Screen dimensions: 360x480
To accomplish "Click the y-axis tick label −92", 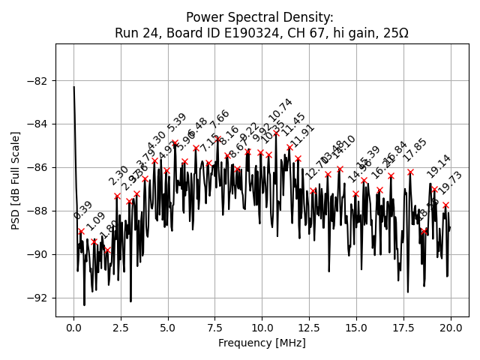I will click(x=38, y=298).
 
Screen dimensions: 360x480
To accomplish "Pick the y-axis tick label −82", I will click(x=38, y=81).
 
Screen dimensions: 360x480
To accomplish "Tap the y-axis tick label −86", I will click(x=38, y=167).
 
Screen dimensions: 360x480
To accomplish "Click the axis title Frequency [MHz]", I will click(x=262, y=343).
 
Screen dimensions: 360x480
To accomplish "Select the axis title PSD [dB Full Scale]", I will click(x=16, y=180).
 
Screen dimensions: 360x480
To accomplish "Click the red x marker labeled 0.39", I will click(x=81, y=232).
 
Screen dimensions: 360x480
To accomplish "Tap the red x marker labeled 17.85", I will click(x=410, y=172).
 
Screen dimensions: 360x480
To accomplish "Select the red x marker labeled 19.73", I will click(x=445, y=205).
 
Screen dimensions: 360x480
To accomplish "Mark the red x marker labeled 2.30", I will click(x=117, y=196).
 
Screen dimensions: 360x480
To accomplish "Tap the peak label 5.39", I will click(x=177, y=123).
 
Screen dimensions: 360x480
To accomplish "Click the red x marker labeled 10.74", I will click(x=276, y=133).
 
